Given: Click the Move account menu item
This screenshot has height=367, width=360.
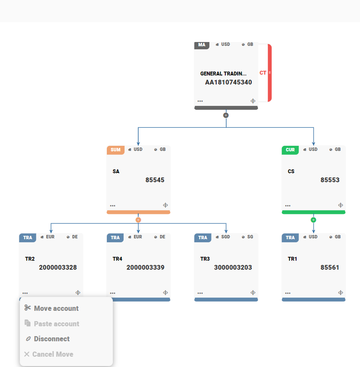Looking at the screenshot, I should tap(56, 308).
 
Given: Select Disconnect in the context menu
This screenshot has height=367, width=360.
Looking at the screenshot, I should tap(51, 339).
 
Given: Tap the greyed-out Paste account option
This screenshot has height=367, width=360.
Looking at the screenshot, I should tap(56, 324).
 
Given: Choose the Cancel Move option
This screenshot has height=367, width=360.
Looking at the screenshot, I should tap(52, 354).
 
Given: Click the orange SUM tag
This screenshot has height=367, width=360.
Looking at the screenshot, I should tap(115, 150).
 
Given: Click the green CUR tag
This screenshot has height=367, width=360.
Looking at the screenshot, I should tap(290, 150).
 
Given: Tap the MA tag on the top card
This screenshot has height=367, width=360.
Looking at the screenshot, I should tap(202, 45).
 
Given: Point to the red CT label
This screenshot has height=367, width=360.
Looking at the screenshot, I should tap(263, 73).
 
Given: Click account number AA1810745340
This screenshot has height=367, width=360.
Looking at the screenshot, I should tap(228, 82).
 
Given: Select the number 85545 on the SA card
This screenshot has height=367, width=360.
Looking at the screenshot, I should tap(155, 180).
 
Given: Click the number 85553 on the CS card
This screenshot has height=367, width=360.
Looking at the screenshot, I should tap(330, 180).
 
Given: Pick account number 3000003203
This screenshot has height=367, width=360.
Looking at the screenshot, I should tap(233, 268).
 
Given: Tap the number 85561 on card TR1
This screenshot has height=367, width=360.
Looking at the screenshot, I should tap(330, 268).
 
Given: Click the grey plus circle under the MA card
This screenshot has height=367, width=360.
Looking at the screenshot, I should tap(226, 115).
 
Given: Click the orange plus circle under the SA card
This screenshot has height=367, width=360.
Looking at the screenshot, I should tap(138, 220).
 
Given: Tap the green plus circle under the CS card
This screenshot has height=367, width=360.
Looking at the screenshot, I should tap(313, 220).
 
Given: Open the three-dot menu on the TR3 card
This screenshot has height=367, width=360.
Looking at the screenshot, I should tap(200, 293).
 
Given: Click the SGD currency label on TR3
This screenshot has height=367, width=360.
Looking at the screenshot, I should tap(225, 237).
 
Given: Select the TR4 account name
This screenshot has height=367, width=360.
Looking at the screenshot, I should tap(118, 259).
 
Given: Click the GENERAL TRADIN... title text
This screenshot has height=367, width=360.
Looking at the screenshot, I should tap(223, 74).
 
